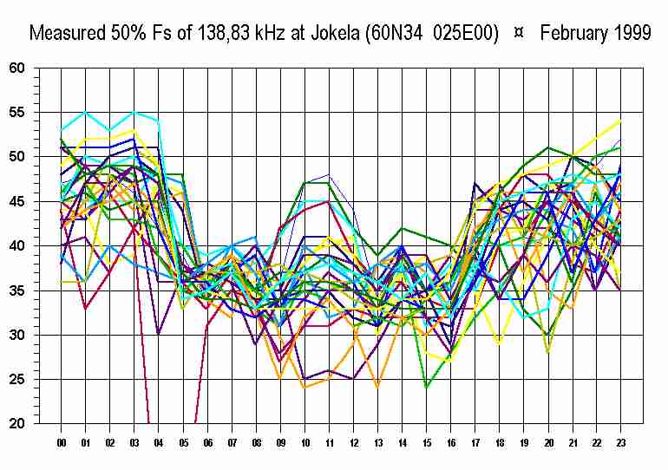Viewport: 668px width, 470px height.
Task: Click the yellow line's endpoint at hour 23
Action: (x=620, y=121)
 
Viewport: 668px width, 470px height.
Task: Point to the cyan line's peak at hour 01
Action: (x=85, y=112)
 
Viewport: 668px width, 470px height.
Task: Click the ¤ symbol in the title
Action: (x=519, y=34)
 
